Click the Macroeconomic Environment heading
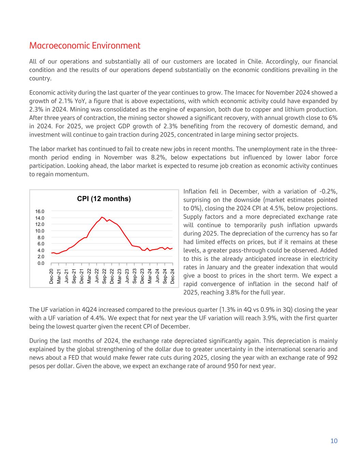coord(85,45)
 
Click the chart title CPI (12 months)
coord(104,199)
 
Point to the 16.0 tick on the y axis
coord(40,212)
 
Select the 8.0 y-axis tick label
coord(41,237)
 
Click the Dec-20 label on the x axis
coord(51,276)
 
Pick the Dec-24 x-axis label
coord(173,276)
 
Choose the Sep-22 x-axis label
coord(104,276)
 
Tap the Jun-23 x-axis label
coord(127,276)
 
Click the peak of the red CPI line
coord(102,217)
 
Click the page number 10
coord(334,441)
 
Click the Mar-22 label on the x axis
coord(89,276)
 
